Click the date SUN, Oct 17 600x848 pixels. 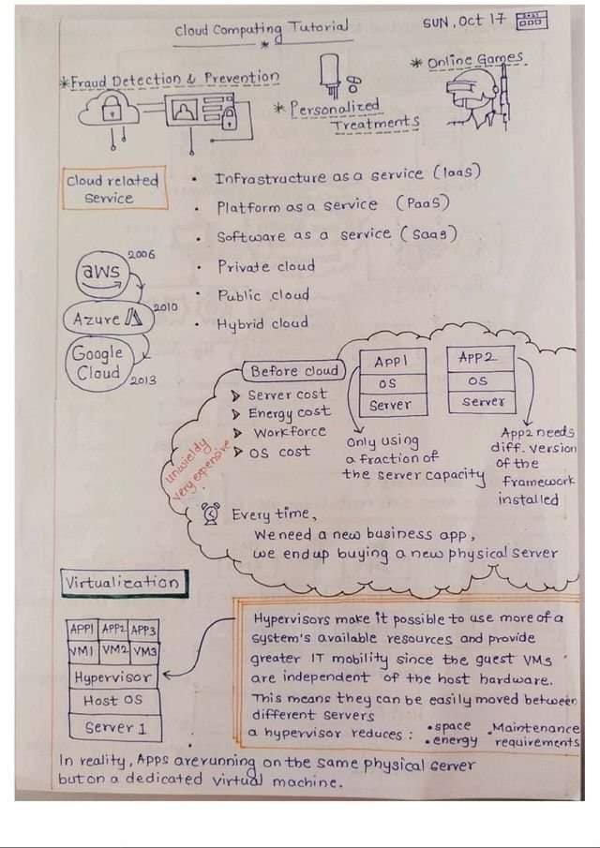click(465, 22)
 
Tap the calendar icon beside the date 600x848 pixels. click(532, 20)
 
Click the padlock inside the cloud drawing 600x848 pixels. click(112, 111)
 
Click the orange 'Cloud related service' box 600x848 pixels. click(114, 188)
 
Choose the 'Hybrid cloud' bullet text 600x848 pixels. click(262, 324)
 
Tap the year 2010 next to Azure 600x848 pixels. click(166, 306)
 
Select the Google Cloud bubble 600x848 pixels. click(97, 364)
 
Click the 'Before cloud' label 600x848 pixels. click(295, 371)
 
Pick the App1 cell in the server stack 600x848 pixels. click(393, 361)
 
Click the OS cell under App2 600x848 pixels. click(480, 381)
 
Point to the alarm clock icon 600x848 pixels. click(212, 513)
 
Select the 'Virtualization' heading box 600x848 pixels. click(125, 583)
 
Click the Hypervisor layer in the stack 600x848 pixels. click(113, 677)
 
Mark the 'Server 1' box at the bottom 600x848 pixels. click(114, 727)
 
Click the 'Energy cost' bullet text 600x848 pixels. click(289, 413)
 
